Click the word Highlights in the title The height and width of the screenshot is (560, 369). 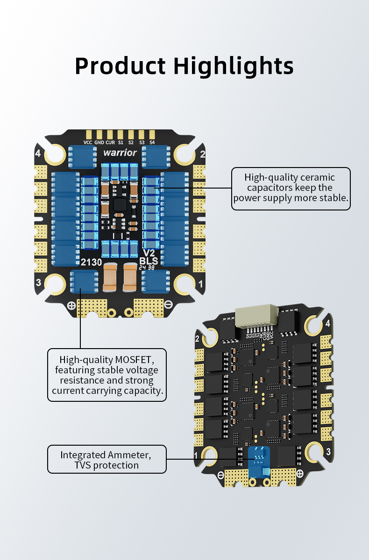[234, 66]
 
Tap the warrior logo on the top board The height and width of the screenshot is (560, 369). [120, 153]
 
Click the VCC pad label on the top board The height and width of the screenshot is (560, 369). [88, 142]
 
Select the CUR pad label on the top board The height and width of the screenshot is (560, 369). [110, 142]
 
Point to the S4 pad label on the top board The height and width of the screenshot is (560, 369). [152, 142]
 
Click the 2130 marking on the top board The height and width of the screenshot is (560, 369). [91, 262]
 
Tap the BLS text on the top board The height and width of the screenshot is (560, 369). [149, 261]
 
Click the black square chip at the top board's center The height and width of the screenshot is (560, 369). [120, 204]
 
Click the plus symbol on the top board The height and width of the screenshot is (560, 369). [71, 306]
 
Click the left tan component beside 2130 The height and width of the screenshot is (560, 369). [111, 275]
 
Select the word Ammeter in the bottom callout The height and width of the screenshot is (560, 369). [129, 455]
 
